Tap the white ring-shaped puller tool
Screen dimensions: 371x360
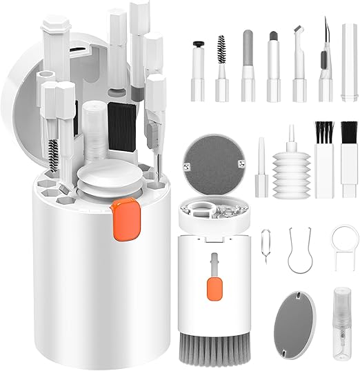tap(343, 243)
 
